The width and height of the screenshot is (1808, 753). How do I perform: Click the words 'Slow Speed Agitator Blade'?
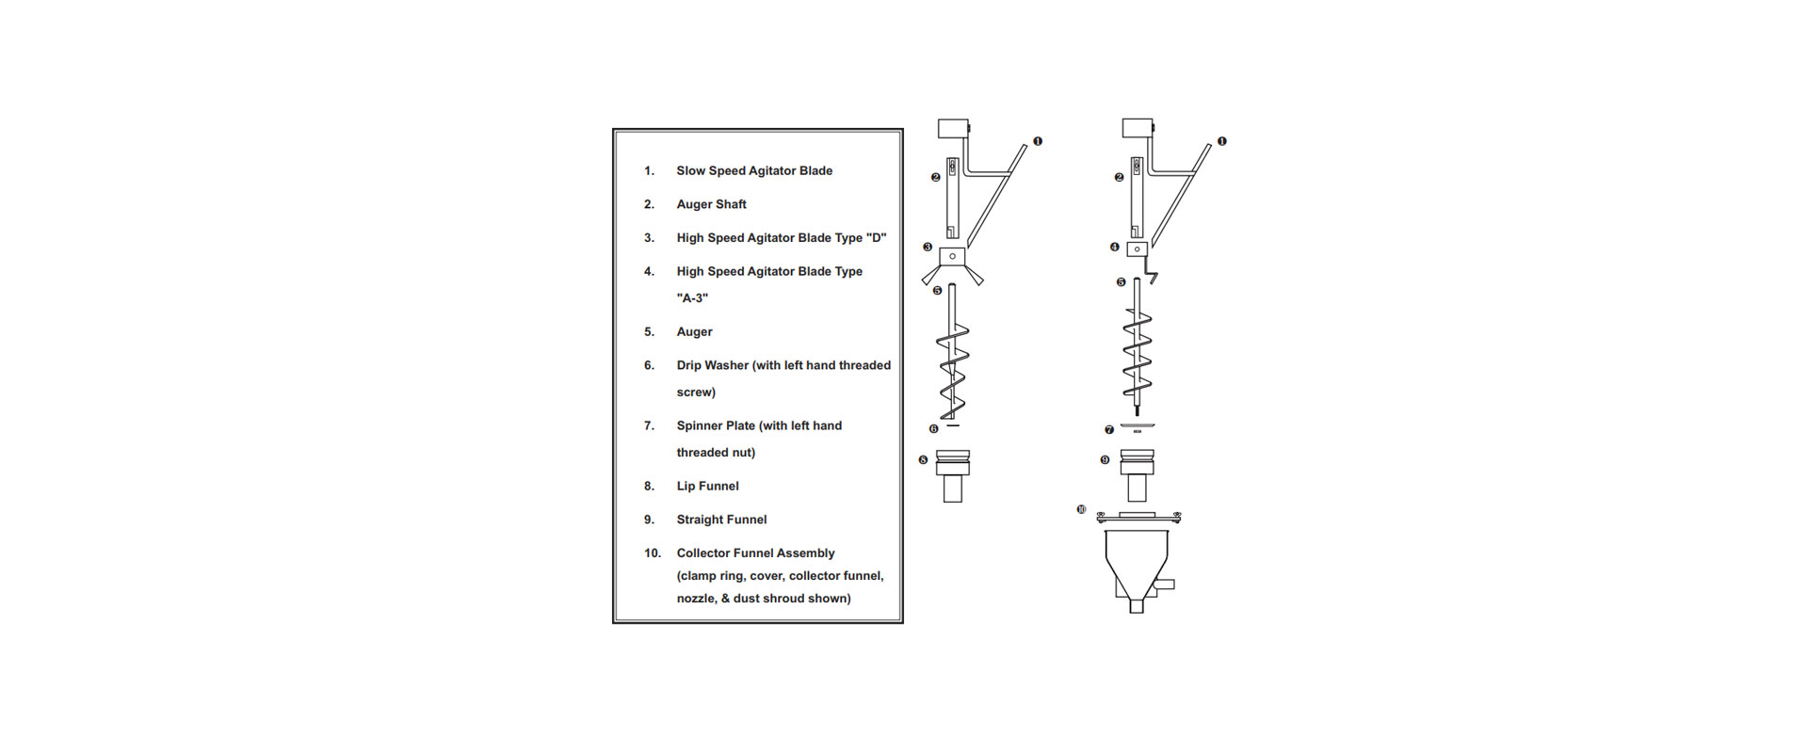click(x=753, y=170)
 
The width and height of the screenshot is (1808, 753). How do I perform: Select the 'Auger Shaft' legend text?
click(x=711, y=204)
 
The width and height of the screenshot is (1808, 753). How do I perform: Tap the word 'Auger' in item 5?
click(x=694, y=331)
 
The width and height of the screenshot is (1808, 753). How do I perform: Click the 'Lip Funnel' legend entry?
click(x=707, y=486)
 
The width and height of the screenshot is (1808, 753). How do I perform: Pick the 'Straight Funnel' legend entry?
click(x=721, y=520)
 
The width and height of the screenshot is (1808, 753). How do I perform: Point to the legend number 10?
click(x=652, y=553)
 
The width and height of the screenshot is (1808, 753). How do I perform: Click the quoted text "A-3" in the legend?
click(x=692, y=297)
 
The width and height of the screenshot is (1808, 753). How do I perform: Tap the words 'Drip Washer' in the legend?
click(x=712, y=365)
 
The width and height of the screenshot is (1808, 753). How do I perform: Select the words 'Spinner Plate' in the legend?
click(x=716, y=425)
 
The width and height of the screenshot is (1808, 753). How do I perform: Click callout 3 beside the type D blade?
click(x=928, y=248)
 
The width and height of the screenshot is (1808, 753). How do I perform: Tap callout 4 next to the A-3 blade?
click(x=1115, y=248)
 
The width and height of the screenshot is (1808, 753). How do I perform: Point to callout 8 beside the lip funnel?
click(x=923, y=460)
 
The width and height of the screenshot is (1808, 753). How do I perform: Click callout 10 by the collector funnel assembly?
click(x=1081, y=509)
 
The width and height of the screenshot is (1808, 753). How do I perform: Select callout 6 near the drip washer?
click(x=933, y=429)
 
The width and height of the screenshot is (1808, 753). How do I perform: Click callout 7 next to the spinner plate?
click(x=1109, y=430)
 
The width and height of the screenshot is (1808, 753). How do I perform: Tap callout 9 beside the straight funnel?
click(x=1105, y=460)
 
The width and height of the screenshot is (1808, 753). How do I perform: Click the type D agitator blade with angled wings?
click(x=953, y=264)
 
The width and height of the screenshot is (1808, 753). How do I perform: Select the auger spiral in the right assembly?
click(x=1137, y=353)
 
